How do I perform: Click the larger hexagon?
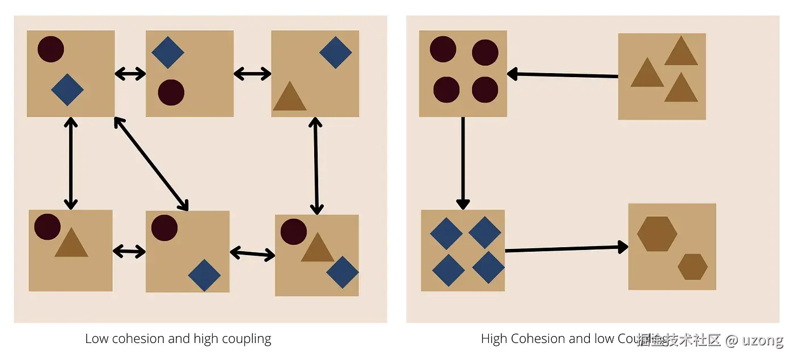(x=657, y=234)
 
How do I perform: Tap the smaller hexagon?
(x=692, y=266)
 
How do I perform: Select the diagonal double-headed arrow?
(x=151, y=163)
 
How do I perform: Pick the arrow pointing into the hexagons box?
(x=566, y=248)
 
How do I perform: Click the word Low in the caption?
(x=96, y=339)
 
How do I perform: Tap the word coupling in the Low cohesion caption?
(x=246, y=339)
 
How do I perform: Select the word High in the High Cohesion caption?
(x=494, y=339)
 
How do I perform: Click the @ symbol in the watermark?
(x=732, y=340)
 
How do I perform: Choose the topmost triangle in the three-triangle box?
(x=681, y=52)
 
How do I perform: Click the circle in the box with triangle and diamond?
(x=293, y=232)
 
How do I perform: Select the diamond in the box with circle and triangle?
(x=343, y=272)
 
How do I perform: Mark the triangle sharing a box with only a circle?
(x=71, y=243)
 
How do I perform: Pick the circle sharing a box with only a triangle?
(x=47, y=226)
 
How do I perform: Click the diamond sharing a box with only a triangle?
(x=336, y=52)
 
